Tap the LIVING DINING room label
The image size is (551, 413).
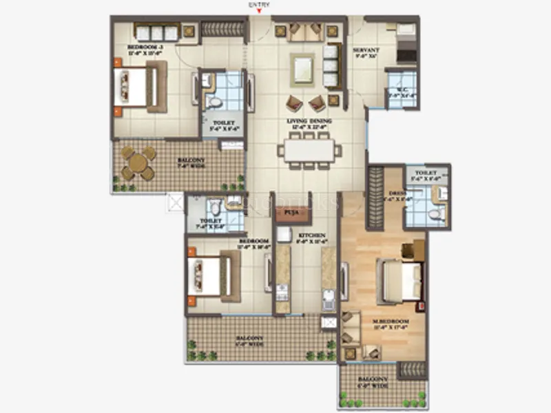[309, 121]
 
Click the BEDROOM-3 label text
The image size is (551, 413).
[144, 47]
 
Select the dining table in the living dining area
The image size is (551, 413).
[309, 150]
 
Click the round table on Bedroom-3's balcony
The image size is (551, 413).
[138, 164]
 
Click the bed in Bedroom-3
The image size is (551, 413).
[138, 87]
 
